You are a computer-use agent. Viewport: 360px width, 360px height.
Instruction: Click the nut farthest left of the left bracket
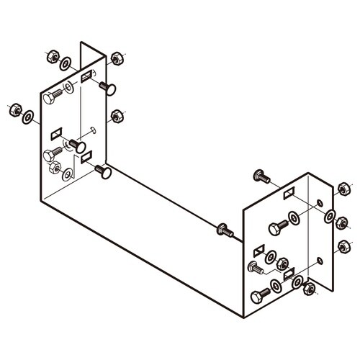pyautogui.click(x=12, y=109)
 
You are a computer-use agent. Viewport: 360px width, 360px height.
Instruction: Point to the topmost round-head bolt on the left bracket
pyautogui.click(x=108, y=88)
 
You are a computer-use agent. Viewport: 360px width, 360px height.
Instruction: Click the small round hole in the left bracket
pyautogui.click(x=94, y=131)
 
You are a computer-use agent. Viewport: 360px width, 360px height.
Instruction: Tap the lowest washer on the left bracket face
pyautogui.click(x=68, y=174)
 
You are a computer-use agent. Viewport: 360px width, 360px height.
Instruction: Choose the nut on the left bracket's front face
pyautogui.click(x=53, y=167)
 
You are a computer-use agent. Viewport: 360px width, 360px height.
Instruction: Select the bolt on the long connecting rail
pyautogui.click(x=223, y=230)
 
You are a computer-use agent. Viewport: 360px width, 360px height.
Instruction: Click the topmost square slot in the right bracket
pyautogui.click(x=288, y=194)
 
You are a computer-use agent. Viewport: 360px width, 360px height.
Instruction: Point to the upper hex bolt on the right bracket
pyautogui.click(x=277, y=228)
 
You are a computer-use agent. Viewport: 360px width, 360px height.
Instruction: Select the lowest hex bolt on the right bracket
pyautogui.click(x=260, y=295)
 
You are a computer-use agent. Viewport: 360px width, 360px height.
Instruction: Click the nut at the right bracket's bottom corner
pyautogui.click(x=309, y=288)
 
